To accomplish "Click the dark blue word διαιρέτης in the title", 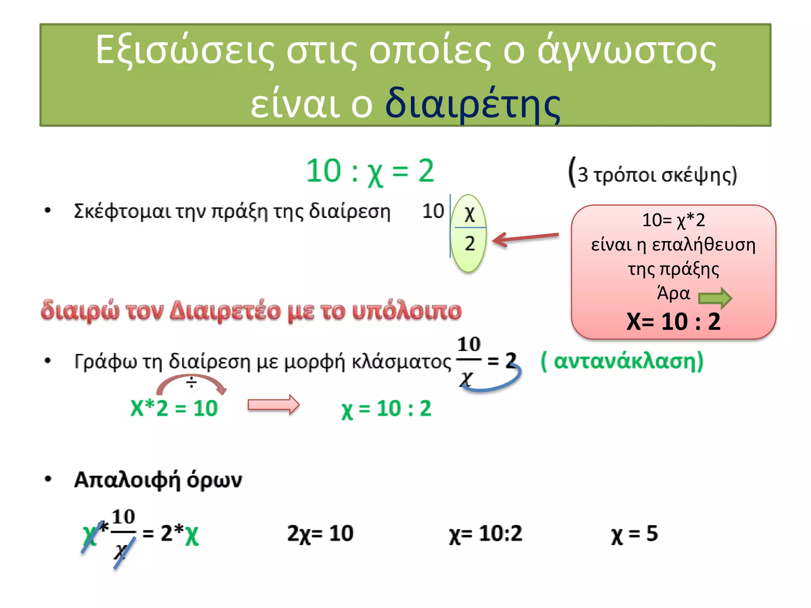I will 473,104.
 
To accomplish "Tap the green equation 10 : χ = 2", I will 370,171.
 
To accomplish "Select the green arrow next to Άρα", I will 715,298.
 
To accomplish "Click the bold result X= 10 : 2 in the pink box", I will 673,321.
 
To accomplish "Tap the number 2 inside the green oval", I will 470,243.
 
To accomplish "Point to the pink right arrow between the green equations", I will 274,405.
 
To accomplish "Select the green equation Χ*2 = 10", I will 174,408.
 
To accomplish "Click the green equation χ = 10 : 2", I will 386,409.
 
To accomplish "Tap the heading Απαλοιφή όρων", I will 158,480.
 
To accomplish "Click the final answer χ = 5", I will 634,534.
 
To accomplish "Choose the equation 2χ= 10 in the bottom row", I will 320,534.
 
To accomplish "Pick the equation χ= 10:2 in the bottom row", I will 485,534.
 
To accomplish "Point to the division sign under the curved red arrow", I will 192,382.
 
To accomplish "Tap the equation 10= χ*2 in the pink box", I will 673,220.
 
